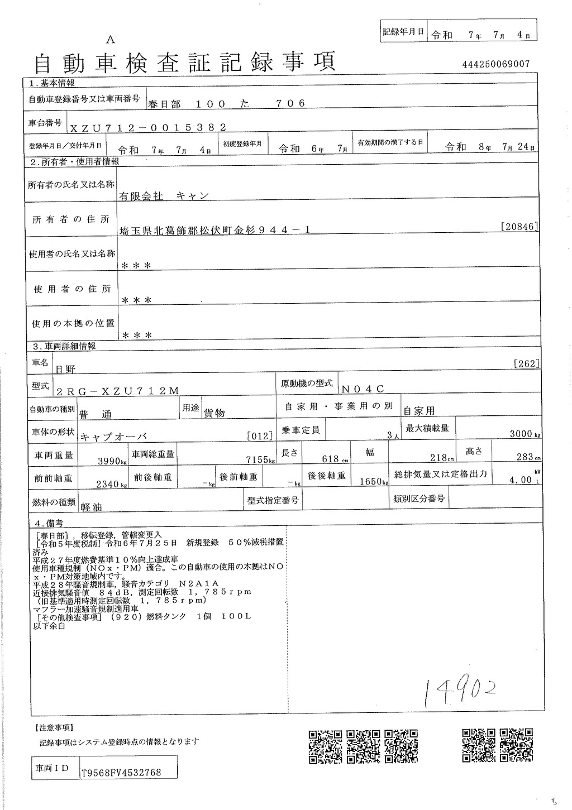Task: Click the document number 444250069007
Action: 495,64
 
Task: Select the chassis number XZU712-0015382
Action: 147,127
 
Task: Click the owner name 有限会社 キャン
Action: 163,196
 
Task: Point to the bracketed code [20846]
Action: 520,226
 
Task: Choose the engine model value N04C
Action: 363,389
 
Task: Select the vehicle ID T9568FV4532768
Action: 121,773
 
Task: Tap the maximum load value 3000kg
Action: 525,434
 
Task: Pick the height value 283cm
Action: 528,457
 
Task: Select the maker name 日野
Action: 66,369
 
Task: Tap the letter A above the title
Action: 110,39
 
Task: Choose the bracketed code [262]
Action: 526,364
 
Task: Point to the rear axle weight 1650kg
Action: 374,481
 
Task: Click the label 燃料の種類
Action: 53,502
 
